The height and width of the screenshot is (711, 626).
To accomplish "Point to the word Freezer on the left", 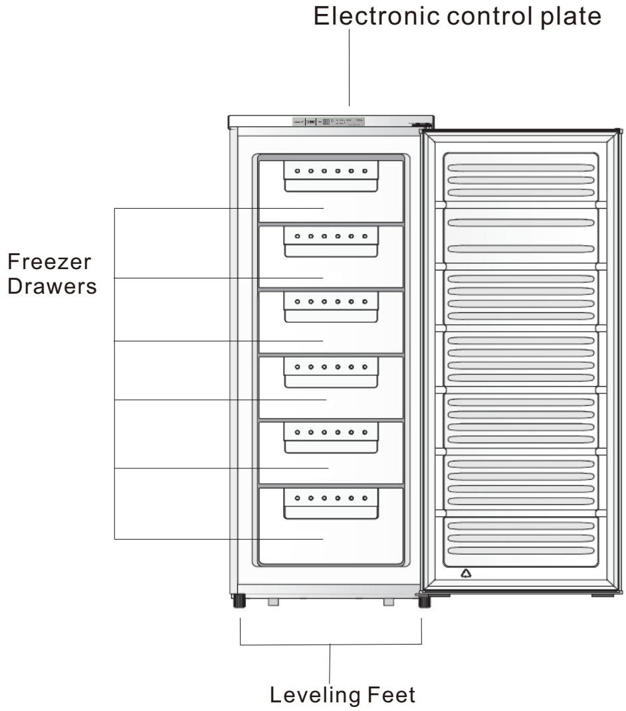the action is (x=50, y=264).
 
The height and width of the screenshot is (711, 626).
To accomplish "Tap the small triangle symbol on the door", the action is (x=467, y=573).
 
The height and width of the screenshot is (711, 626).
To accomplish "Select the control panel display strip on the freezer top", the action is (x=329, y=122).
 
